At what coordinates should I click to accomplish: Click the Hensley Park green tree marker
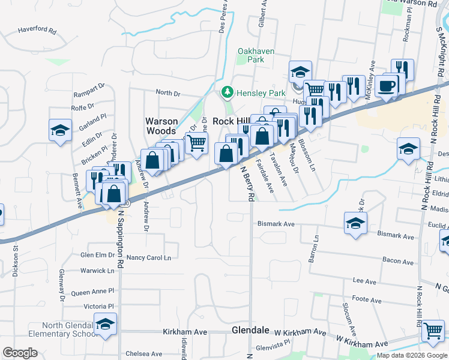click(227, 92)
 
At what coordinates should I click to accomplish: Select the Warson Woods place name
click(161, 126)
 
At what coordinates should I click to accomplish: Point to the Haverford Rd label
click(37, 29)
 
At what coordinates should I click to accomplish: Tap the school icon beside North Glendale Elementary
click(106, 326)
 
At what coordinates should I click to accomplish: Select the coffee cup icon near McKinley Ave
click(387, 85)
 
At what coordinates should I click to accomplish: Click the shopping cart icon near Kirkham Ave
click(432, 331)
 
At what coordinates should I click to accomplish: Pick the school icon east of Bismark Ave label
click(355, 224)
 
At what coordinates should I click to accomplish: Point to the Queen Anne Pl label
click(92, 292)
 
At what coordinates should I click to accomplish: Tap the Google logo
click(20, 353)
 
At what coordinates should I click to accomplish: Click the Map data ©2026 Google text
click(412, 355)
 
